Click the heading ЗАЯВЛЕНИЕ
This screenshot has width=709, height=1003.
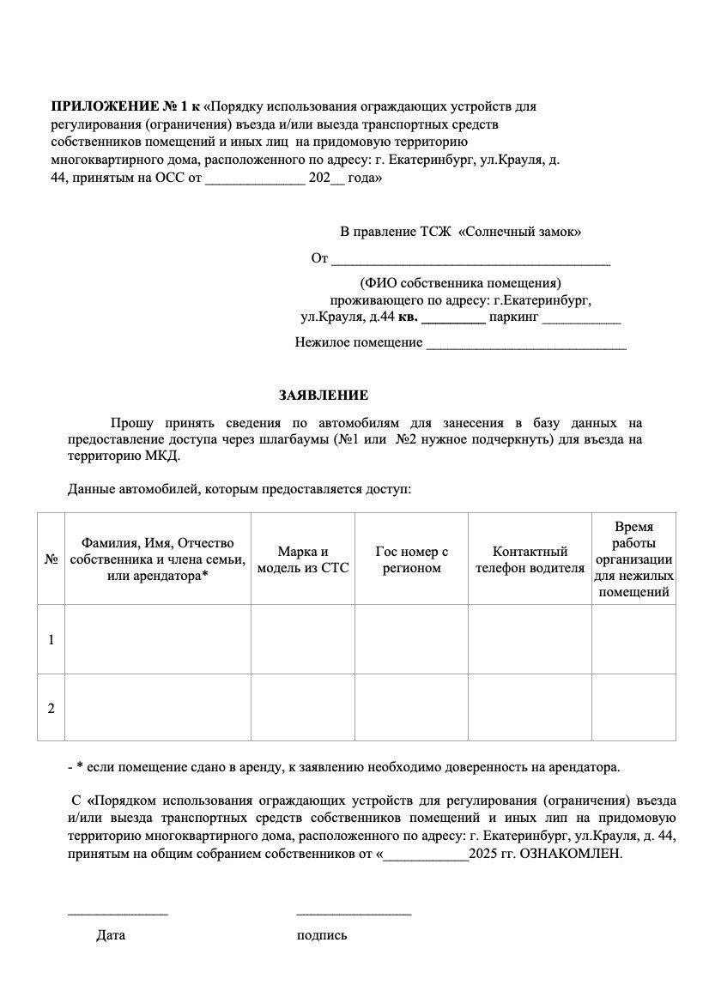point(323,396)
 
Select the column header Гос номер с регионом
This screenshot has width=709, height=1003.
point(412,560)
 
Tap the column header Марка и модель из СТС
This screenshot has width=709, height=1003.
point(303,560)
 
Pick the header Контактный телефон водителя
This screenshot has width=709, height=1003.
point(530,560)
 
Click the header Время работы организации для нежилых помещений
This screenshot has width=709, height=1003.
point(633,559)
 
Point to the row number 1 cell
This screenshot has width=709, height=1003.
point(52,640)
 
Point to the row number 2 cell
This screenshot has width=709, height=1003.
point(52,708)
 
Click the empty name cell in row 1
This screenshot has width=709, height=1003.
point(158,640)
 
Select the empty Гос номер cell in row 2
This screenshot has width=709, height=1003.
point(412,708)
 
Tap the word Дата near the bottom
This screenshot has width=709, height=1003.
point(111,935)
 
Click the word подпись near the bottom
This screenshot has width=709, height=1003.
point(322,935)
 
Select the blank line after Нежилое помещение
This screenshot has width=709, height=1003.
point(526,347)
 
